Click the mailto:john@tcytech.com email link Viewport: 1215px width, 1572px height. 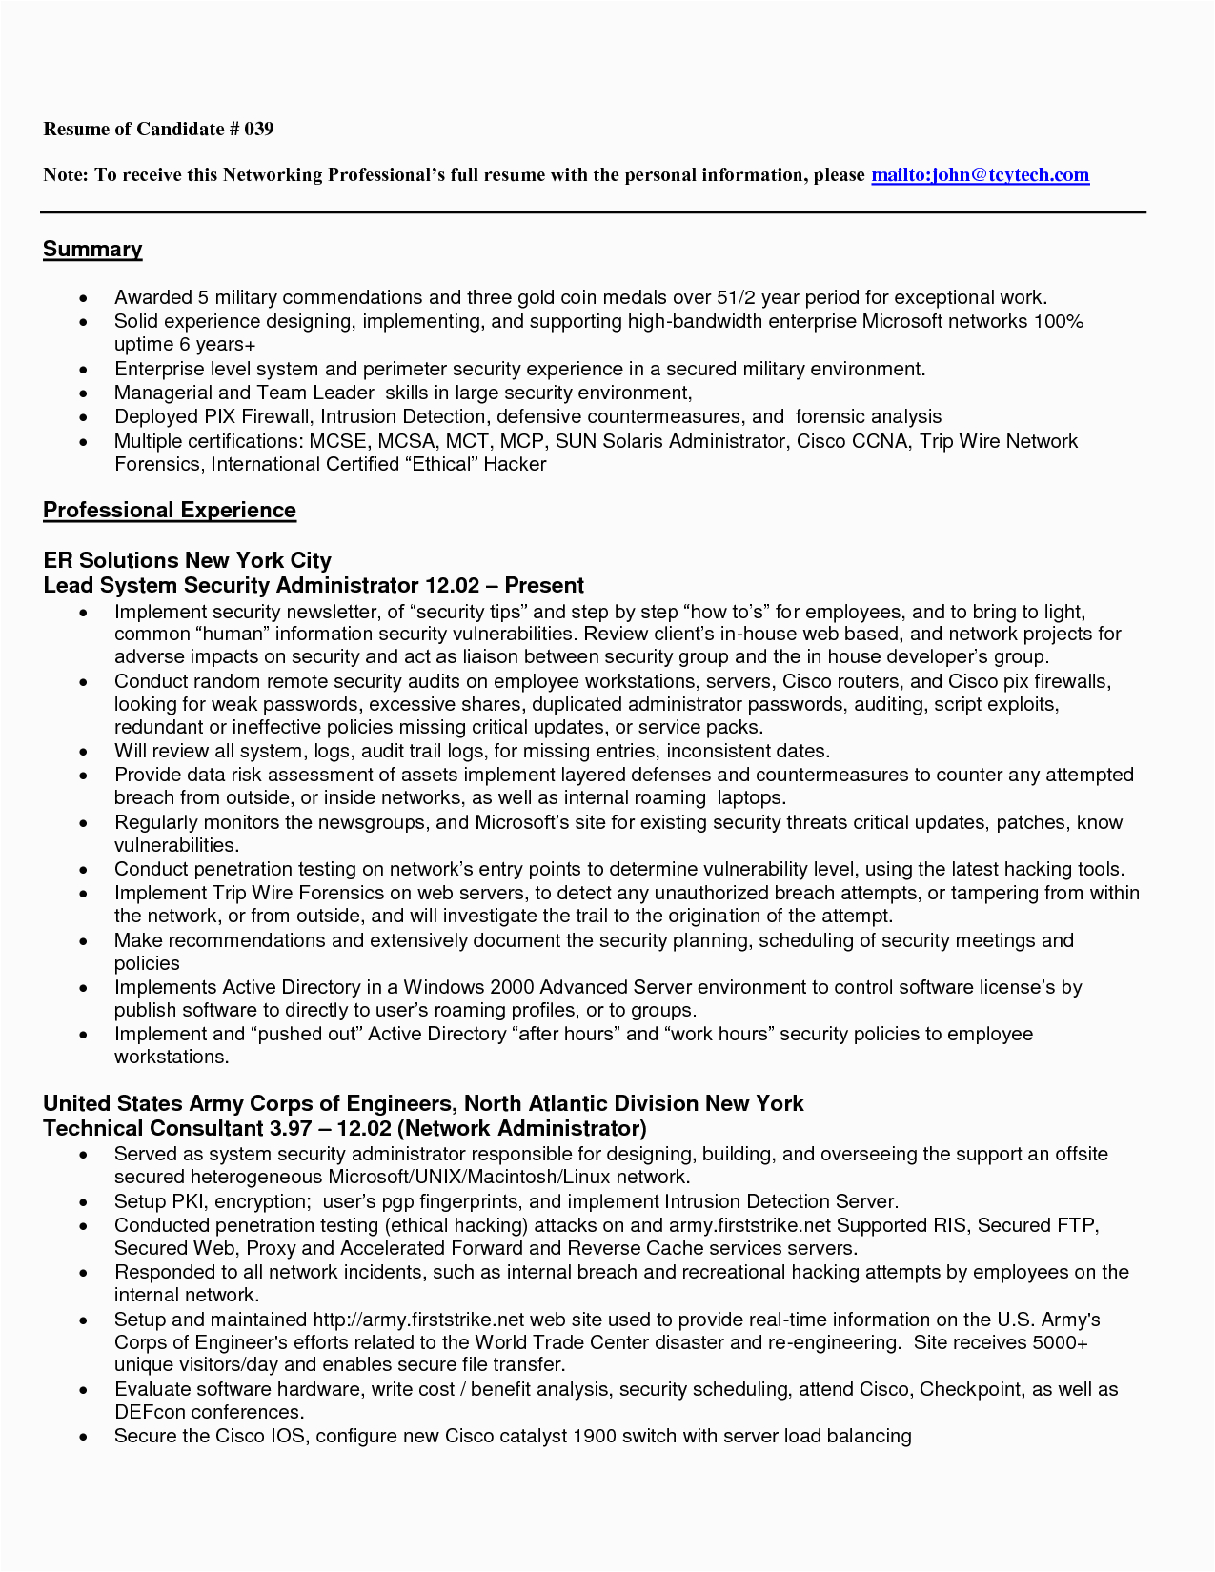[x=980, y=175]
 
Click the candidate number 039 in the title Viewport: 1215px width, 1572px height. [x=258, y=129]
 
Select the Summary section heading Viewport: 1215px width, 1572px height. [x=92, y=250]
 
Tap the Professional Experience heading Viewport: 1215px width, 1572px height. [x=170, y=511]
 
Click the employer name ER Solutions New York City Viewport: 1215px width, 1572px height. [x=188, y=560]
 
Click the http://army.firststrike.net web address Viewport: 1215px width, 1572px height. [x=419, y=1320]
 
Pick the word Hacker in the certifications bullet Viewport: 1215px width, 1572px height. [x=515, y=465]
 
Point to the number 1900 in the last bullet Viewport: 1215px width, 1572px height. [x=594, y=1436]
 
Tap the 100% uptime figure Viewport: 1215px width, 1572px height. [x=1058, y=322]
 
